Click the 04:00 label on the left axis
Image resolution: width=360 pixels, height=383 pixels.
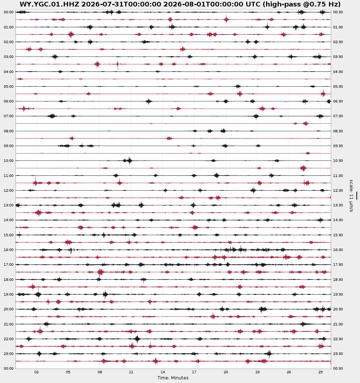[x=9, y=72]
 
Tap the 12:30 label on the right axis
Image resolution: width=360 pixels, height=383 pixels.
[x=338, y=191]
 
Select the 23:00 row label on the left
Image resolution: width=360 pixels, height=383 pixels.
[x=9, y=354]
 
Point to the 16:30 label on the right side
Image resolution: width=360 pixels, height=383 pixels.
[x=338, y=250]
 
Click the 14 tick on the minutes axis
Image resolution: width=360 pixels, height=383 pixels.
[x=163, y=372]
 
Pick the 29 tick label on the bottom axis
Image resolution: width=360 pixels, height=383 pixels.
[x=320, y=372]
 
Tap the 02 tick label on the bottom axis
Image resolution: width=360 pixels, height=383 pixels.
[x=36, y=372]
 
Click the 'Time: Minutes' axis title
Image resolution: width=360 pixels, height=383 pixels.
[x=173, y=378]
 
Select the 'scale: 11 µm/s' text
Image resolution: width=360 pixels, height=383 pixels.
[x=351, y=196]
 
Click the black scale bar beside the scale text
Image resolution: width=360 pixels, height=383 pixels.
[x=356, y=196]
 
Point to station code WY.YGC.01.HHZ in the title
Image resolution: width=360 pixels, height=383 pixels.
[x=49, y=4]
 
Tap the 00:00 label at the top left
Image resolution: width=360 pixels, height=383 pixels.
[x=9, y=12]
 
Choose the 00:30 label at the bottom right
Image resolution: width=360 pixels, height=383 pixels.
[x=338, y=368]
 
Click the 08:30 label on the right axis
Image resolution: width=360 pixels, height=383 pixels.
[x=338, y=131]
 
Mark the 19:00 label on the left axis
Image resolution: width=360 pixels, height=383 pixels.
[x=9, y=294]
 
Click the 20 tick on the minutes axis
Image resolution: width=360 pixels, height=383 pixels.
[x=226, y=372]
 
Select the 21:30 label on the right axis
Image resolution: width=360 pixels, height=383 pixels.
[x=338, y=324]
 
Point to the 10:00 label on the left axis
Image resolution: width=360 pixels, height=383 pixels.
[x=9, y=161]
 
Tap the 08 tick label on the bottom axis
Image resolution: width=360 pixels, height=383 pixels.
[x=99, y=372]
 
